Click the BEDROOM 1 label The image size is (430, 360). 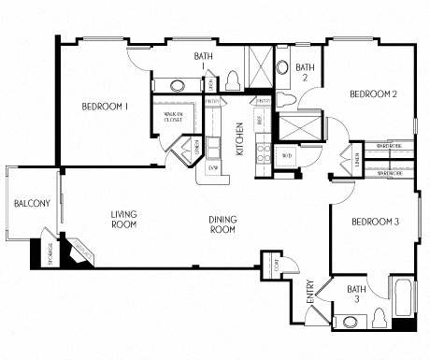tap(104, 107)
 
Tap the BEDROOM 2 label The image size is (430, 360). tap(374, 94)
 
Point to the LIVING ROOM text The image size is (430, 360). tap(123, 219)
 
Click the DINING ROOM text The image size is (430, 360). tap(222, 224)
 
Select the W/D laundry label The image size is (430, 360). tap(287, 155)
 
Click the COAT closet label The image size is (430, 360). tap(273, 262)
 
